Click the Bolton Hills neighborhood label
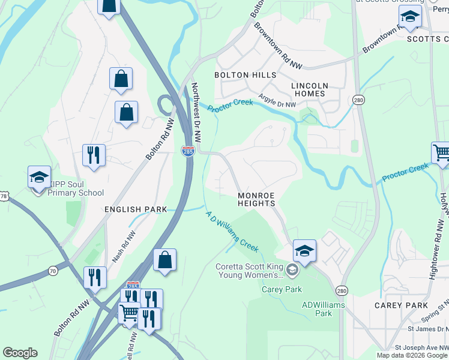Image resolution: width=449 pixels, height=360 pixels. click(x=246, y=76)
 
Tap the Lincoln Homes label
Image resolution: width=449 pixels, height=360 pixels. click(x=309, y=90)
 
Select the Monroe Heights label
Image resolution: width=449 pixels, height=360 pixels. click(x=256, y=200)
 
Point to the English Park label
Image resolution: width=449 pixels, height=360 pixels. click(x=135, y=209)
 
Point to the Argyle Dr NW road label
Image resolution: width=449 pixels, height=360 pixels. click(x=277, y=101)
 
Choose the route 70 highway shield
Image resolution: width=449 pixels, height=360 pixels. click(x=53, y=271)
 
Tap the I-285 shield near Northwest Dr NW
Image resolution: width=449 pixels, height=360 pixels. click(x=188, y=151)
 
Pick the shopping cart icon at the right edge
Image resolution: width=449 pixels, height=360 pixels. click(x=441, y=152)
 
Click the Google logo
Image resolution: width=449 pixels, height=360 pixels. click(x=20, y=353)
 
